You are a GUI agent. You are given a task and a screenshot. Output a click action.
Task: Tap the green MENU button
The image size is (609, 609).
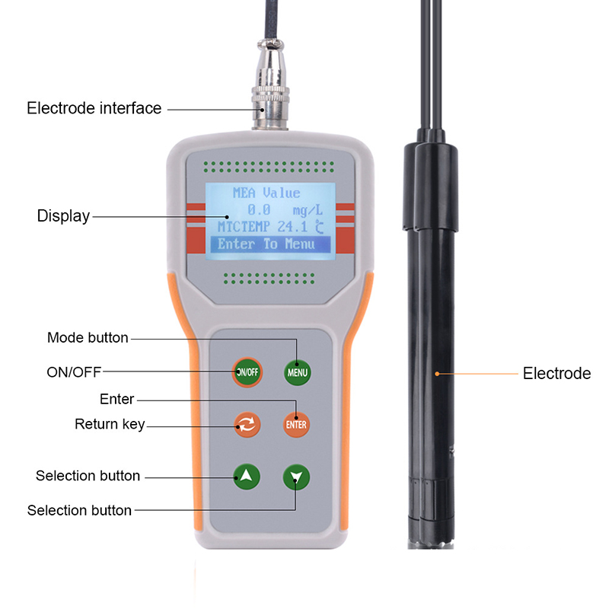[x=297, y=372]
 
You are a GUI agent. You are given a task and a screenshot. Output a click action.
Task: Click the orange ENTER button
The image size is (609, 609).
[x=296, y=424]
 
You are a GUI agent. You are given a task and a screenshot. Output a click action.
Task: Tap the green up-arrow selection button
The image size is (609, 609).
[x=247, y=477]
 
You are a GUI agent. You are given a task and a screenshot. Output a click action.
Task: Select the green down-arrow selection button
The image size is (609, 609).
[x=296, y=477]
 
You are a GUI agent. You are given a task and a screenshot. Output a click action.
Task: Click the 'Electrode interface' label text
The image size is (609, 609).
[x=94, y=108]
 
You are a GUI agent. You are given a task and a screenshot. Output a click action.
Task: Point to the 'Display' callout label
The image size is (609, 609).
[x=63, y=216]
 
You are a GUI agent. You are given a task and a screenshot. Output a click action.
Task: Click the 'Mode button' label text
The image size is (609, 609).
[x=88, y=337]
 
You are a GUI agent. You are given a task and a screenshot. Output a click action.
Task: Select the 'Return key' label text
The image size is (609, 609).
[x=110, y=424]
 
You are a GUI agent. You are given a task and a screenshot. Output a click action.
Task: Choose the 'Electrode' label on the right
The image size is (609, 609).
[x=556, y=373]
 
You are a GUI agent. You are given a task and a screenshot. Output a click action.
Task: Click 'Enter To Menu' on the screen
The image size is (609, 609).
[x=266, y=244]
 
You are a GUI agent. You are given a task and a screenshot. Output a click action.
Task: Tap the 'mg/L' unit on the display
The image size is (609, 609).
[x=308, y=211]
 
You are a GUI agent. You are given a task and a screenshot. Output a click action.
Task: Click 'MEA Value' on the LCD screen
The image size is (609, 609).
[x=266, y=193]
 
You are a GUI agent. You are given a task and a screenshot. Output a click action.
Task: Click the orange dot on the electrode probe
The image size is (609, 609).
[x=437, y=374]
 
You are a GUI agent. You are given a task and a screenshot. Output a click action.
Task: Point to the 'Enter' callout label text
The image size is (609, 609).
[x=116, y=399]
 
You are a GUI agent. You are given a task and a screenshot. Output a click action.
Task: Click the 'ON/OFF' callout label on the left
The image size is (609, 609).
[x=74, y=372]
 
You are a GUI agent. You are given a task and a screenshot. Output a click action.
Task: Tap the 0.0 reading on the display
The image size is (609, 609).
[x=259, y=210]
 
